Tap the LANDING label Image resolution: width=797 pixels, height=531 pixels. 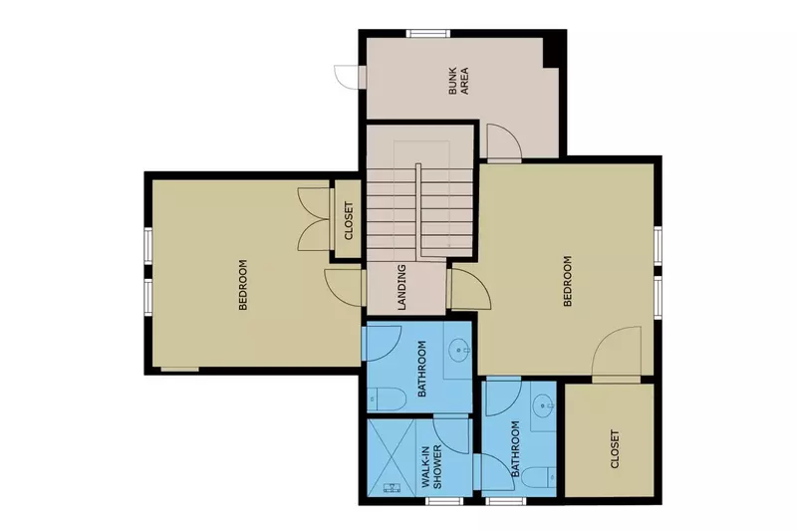click(400, 287)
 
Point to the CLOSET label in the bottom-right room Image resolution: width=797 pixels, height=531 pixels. click(613, 450)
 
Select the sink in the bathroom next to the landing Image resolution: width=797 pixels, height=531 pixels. click(459, 349)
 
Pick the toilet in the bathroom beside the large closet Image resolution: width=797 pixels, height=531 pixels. click(541, 476)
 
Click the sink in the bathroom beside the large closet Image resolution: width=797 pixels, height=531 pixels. click(541, 405)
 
